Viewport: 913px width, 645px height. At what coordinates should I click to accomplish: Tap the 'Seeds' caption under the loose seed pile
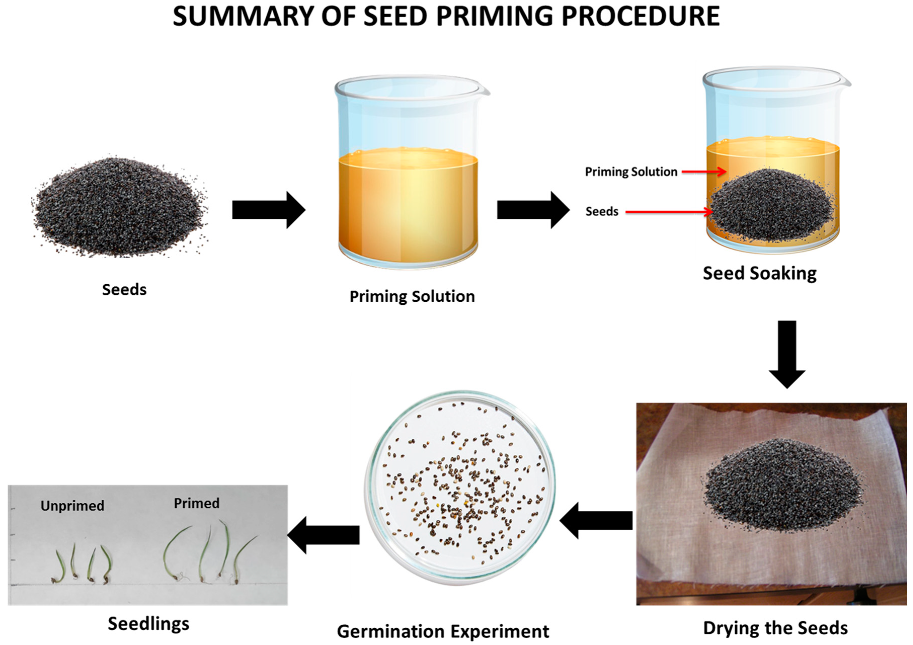[x=124, y=290]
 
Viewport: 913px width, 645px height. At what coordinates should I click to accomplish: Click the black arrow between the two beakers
[x=533, y=210]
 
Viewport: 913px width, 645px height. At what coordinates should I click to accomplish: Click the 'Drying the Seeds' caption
[x=775, y=627]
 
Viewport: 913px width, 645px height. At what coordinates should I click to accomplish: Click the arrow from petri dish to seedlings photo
[x=323, y=535]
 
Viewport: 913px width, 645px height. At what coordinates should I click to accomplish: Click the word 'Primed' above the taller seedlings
[x=196, y=503]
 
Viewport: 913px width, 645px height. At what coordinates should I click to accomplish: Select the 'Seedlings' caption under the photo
[x=148, y=624]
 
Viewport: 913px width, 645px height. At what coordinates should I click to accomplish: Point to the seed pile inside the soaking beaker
[x=771, y=207]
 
